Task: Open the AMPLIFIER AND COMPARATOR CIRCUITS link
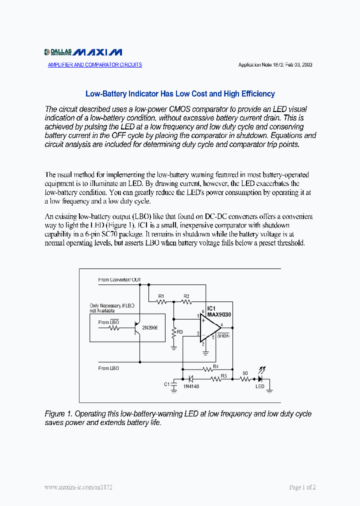(x=95, y=65)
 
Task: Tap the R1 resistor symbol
(x=161, y=301)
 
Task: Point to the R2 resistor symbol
(x=186, y=301)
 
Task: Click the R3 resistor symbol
(x=173, y=332)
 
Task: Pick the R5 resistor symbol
(x=216, y=379)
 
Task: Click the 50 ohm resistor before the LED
(x=245, y=379)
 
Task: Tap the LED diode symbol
(x=260, y=379)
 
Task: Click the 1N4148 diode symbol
(x=190, y=379)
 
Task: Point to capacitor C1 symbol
(x=173, y=385)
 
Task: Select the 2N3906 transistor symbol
(x=136, y=328)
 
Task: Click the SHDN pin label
(x=223, y=336)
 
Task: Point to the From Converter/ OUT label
(x=120, y=280)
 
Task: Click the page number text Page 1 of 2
(x=302, y=487)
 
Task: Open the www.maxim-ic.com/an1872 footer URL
(x=78, y=487)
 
